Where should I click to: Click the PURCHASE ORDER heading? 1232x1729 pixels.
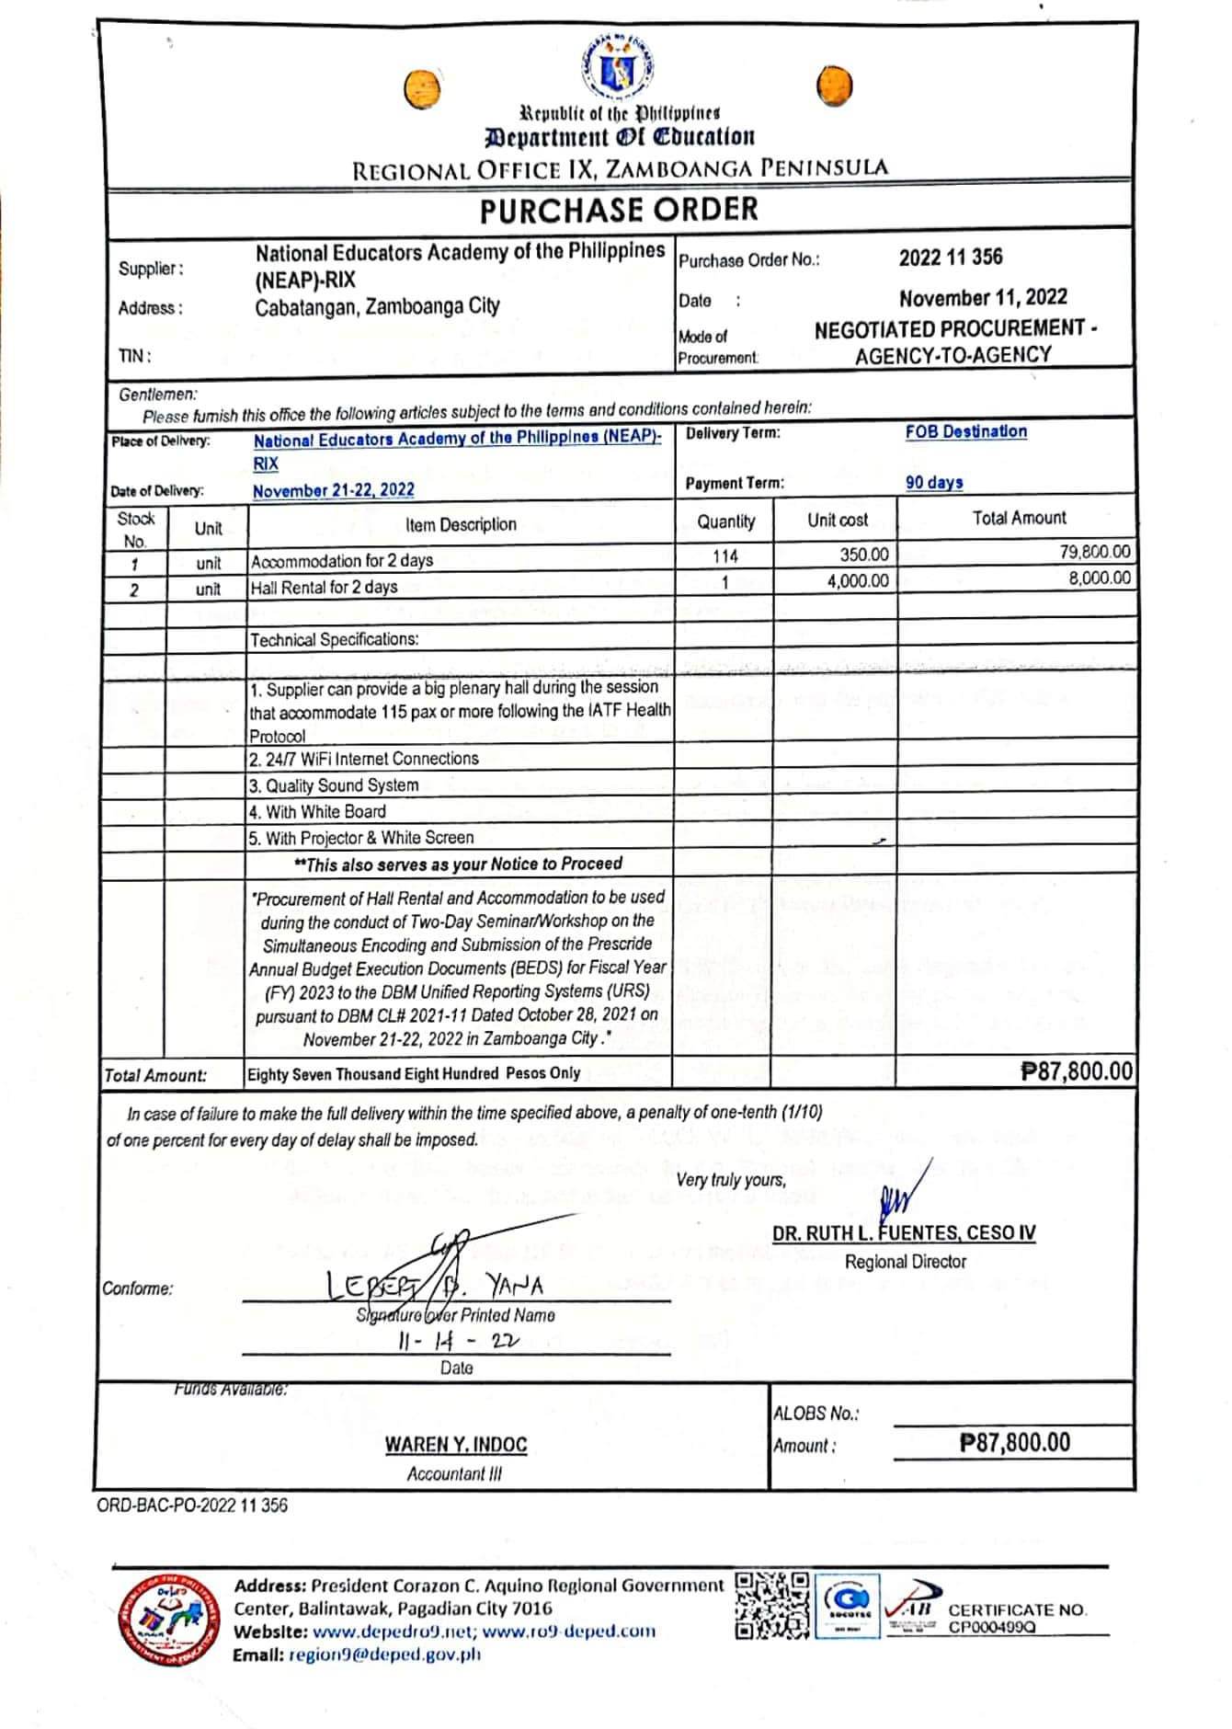(619, 210)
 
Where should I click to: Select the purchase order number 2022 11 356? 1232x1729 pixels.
(950, 258)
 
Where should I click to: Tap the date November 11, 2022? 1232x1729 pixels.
(983, 298)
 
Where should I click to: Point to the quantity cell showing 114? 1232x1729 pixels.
(724, 555)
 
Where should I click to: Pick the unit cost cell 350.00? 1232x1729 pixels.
(863, 555)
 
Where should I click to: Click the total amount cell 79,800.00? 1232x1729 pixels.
(1094, 552)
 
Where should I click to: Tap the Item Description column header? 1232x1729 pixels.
(461, 525)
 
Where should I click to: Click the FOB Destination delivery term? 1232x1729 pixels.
(965, 432)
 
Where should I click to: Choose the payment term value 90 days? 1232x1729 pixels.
(933, 483)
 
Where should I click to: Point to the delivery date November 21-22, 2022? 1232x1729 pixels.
(333, 490)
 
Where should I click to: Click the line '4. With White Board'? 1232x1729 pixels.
(317, 812)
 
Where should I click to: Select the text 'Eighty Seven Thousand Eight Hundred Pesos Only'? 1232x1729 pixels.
(414, 1073)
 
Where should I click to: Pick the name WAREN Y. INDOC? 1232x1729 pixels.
(456, 1445)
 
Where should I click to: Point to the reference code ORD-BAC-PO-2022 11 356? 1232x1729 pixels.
(192, 1506)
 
